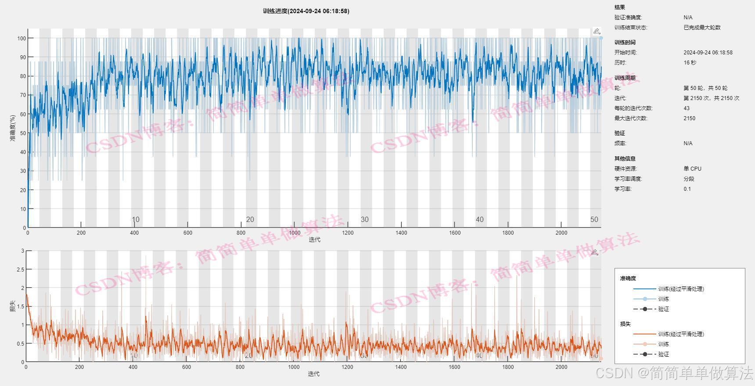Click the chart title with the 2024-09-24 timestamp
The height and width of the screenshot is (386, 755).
click(306, 11)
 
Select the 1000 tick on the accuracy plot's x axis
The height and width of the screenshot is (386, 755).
click(294, 233)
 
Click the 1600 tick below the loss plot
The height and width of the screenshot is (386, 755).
click(454, 367)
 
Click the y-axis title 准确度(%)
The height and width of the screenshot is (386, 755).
click(13, 128)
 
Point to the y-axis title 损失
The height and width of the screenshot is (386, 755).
click(13, 306)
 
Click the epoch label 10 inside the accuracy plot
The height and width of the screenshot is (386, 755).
click(136, 219)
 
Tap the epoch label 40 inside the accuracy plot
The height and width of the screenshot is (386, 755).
click(479, 219)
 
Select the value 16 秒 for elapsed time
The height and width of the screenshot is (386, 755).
click(690, 63)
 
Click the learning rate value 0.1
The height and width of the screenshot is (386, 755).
click(687, 189)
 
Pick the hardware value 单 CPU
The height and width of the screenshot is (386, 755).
click(692, 169)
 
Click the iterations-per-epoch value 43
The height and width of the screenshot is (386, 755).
click(687, 108)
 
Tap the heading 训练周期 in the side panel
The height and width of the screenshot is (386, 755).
click(625, 78)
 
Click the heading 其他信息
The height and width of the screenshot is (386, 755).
click(625, 159)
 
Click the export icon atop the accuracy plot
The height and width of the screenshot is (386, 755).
click(597, 31)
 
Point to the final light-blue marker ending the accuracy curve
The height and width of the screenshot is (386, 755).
click(601, 38)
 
